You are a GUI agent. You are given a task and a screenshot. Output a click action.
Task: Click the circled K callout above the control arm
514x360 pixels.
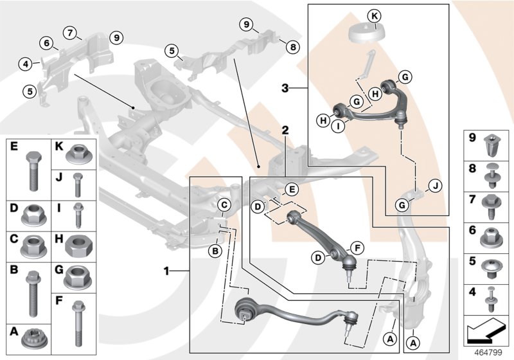[x=375, y=15]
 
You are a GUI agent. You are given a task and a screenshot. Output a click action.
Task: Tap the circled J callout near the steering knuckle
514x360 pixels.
[x=436, y=187]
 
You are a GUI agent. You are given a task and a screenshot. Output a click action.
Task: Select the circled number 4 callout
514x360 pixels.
[x=25, y=64]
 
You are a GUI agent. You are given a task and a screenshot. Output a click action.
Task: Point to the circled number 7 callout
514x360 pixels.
[x=69, y=32]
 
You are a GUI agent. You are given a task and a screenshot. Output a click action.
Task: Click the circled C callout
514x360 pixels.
[x=224, y=205]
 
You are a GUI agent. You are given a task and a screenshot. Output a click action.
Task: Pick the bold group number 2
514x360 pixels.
[x=285, y=130]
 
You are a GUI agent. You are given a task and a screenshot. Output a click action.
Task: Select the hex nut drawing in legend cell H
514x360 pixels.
[x=78, y=244]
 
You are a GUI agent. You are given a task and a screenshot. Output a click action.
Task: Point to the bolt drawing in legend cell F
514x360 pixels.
[x=78, y=323]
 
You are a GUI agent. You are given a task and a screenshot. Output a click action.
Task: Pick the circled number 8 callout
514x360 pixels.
[x=292, y=47]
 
